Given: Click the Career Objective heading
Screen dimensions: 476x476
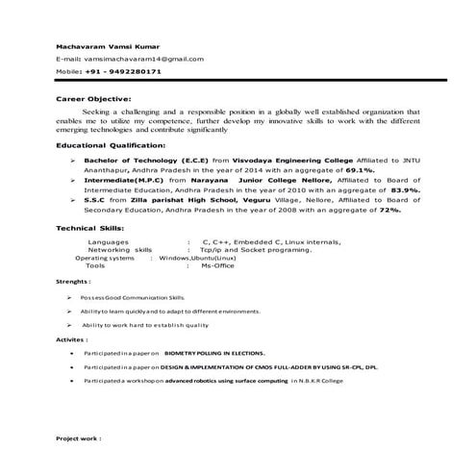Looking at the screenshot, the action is pyautogui.click(x=93, y=98).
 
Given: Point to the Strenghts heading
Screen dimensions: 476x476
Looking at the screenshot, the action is pyautogui.click(x=73, y=285).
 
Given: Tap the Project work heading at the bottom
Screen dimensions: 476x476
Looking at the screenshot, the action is pyautogui.click(x=79, y=438).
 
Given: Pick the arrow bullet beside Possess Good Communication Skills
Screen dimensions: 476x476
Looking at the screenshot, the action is pyautogui.click(x=69, y=299).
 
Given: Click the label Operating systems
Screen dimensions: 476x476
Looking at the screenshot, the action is pyautogui.click(x=105, y=259).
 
